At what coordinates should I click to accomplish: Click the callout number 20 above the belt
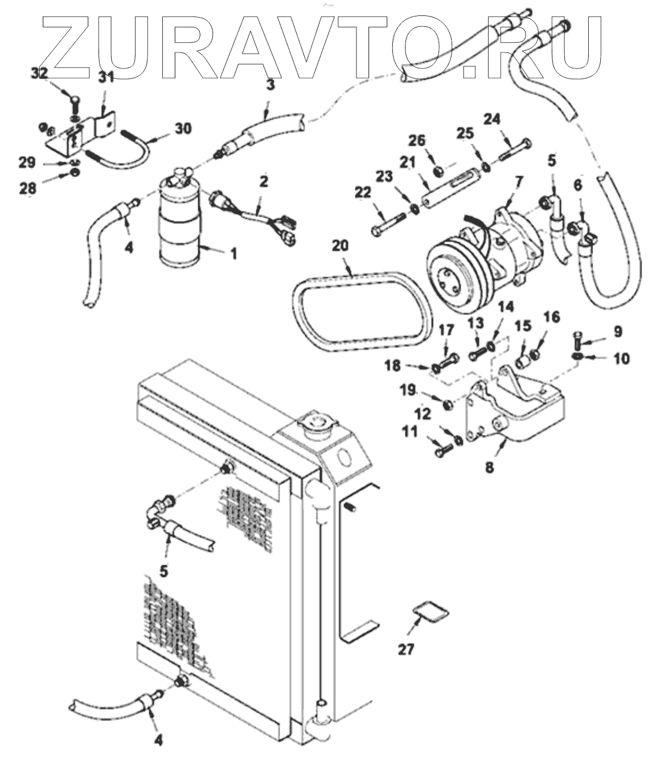(x=340, y=246)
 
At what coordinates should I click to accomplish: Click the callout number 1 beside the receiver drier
(x=233, y=254)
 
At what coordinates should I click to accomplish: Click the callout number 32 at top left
(x=39, y=73)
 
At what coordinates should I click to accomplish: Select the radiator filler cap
(x=317, y=423)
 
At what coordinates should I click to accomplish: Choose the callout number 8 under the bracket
(x=489, y=468)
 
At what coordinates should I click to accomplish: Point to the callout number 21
(x=408, y=162)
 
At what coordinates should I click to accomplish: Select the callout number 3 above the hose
(x=270, y=86)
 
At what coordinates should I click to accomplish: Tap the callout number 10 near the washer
(x=621, y=358)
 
